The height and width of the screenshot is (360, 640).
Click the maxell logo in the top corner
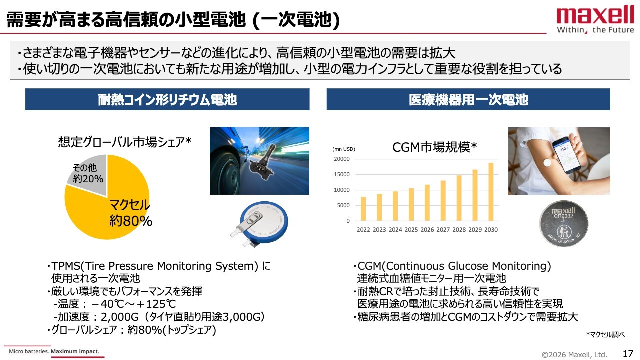(595, 20)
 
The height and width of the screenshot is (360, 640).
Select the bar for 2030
(491, 192)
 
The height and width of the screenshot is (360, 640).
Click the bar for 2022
(363, 209)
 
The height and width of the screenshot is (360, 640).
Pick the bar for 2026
(427, 203)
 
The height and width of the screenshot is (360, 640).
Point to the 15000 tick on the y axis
(342, 174)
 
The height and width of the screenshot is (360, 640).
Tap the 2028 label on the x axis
(459, 229)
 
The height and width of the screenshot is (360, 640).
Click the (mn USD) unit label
(343, 149)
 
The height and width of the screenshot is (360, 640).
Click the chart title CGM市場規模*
(434, 147)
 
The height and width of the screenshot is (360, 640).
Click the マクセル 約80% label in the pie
(131, 213)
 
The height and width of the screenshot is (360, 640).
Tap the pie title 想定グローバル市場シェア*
(125, 142)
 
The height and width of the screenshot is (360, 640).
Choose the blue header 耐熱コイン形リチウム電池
(167, 99)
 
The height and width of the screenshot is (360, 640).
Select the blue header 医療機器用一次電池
(468, 99)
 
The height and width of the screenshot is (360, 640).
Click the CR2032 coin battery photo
(563, 223)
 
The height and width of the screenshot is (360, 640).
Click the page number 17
(628, 353)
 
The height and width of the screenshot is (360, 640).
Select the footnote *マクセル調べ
(605, 334)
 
